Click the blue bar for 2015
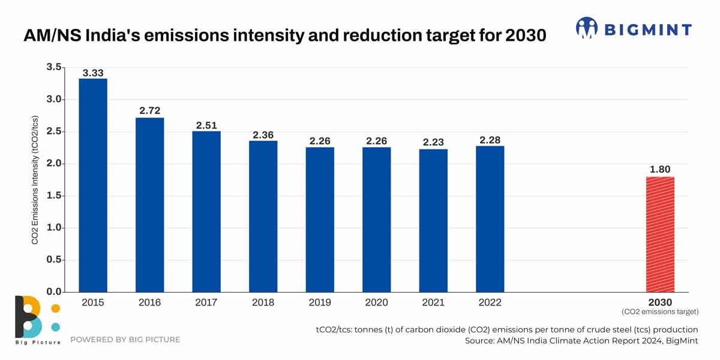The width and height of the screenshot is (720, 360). (93, 186)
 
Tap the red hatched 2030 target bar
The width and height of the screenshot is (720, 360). (660, 234)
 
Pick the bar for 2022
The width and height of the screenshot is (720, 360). (490, 219)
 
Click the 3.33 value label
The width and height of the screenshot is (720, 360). (93, 73)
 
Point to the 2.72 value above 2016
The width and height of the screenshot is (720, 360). (149, 111)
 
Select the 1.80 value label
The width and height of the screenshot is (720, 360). (660, 170)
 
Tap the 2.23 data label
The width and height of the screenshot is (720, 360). (433, 142)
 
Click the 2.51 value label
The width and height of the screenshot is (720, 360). (206, 125)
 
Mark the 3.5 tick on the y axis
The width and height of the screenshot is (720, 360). (54, 67)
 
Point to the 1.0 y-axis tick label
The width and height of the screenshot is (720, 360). (54, 228)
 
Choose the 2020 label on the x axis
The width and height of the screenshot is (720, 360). (376, 303)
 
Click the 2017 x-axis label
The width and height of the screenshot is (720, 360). (206, 303)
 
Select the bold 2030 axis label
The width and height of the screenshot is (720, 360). (660, 303)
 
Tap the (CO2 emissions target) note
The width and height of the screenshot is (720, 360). (660, 312)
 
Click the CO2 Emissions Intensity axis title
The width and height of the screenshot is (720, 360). (35, 179)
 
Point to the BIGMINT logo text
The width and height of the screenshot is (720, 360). (648, 29)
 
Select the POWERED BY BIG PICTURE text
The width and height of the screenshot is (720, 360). (125, 340)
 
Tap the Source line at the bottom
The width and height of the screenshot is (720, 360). (581, 341)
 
